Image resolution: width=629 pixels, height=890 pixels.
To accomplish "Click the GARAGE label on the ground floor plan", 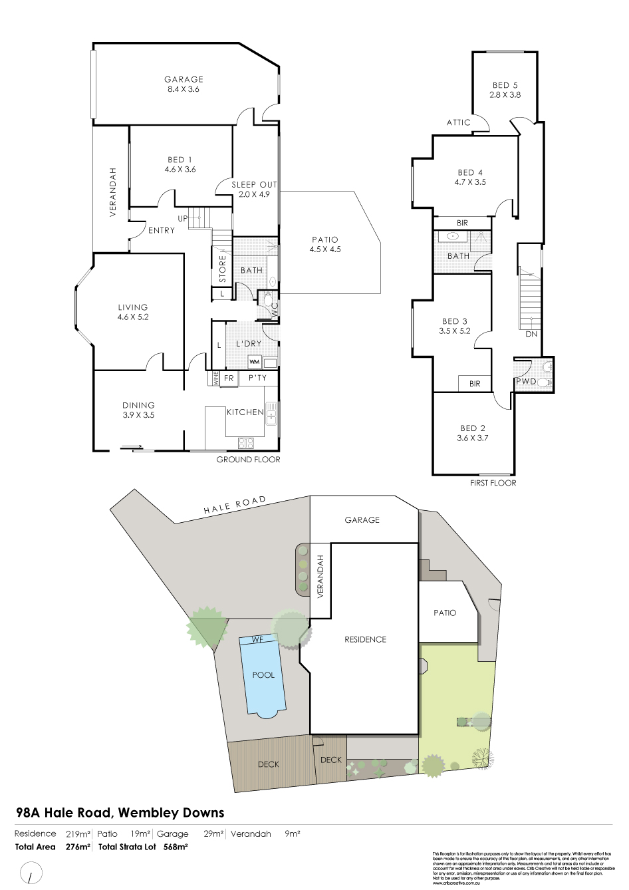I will (184, 79).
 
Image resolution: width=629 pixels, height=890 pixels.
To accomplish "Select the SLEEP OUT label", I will (254, 184).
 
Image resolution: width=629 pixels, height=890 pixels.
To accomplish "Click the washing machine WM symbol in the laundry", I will (254, 362).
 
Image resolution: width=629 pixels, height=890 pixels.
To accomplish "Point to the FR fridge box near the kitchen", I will (229, 378).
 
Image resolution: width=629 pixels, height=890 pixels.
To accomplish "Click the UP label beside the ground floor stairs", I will (182, 218).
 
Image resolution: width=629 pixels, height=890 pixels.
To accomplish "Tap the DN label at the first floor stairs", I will (531, 334).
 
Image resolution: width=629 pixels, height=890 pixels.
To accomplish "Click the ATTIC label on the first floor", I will (458, 122).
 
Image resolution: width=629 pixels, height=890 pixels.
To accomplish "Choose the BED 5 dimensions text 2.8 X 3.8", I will (505, 95).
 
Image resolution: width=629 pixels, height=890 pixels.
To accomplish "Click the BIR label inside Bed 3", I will (474, 384).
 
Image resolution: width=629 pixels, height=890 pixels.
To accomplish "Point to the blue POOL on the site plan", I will (263, 674).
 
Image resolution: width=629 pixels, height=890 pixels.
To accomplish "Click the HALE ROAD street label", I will (235, 505).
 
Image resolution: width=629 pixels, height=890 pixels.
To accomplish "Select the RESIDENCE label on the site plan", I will (365, 639).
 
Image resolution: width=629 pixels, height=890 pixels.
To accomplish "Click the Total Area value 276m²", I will (78, 847).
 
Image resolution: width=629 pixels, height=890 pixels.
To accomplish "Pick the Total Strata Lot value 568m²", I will (176, 847).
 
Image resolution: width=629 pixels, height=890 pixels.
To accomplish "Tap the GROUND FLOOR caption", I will (248, 460).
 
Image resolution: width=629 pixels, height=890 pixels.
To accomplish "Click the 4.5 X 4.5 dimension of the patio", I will (324, 249).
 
